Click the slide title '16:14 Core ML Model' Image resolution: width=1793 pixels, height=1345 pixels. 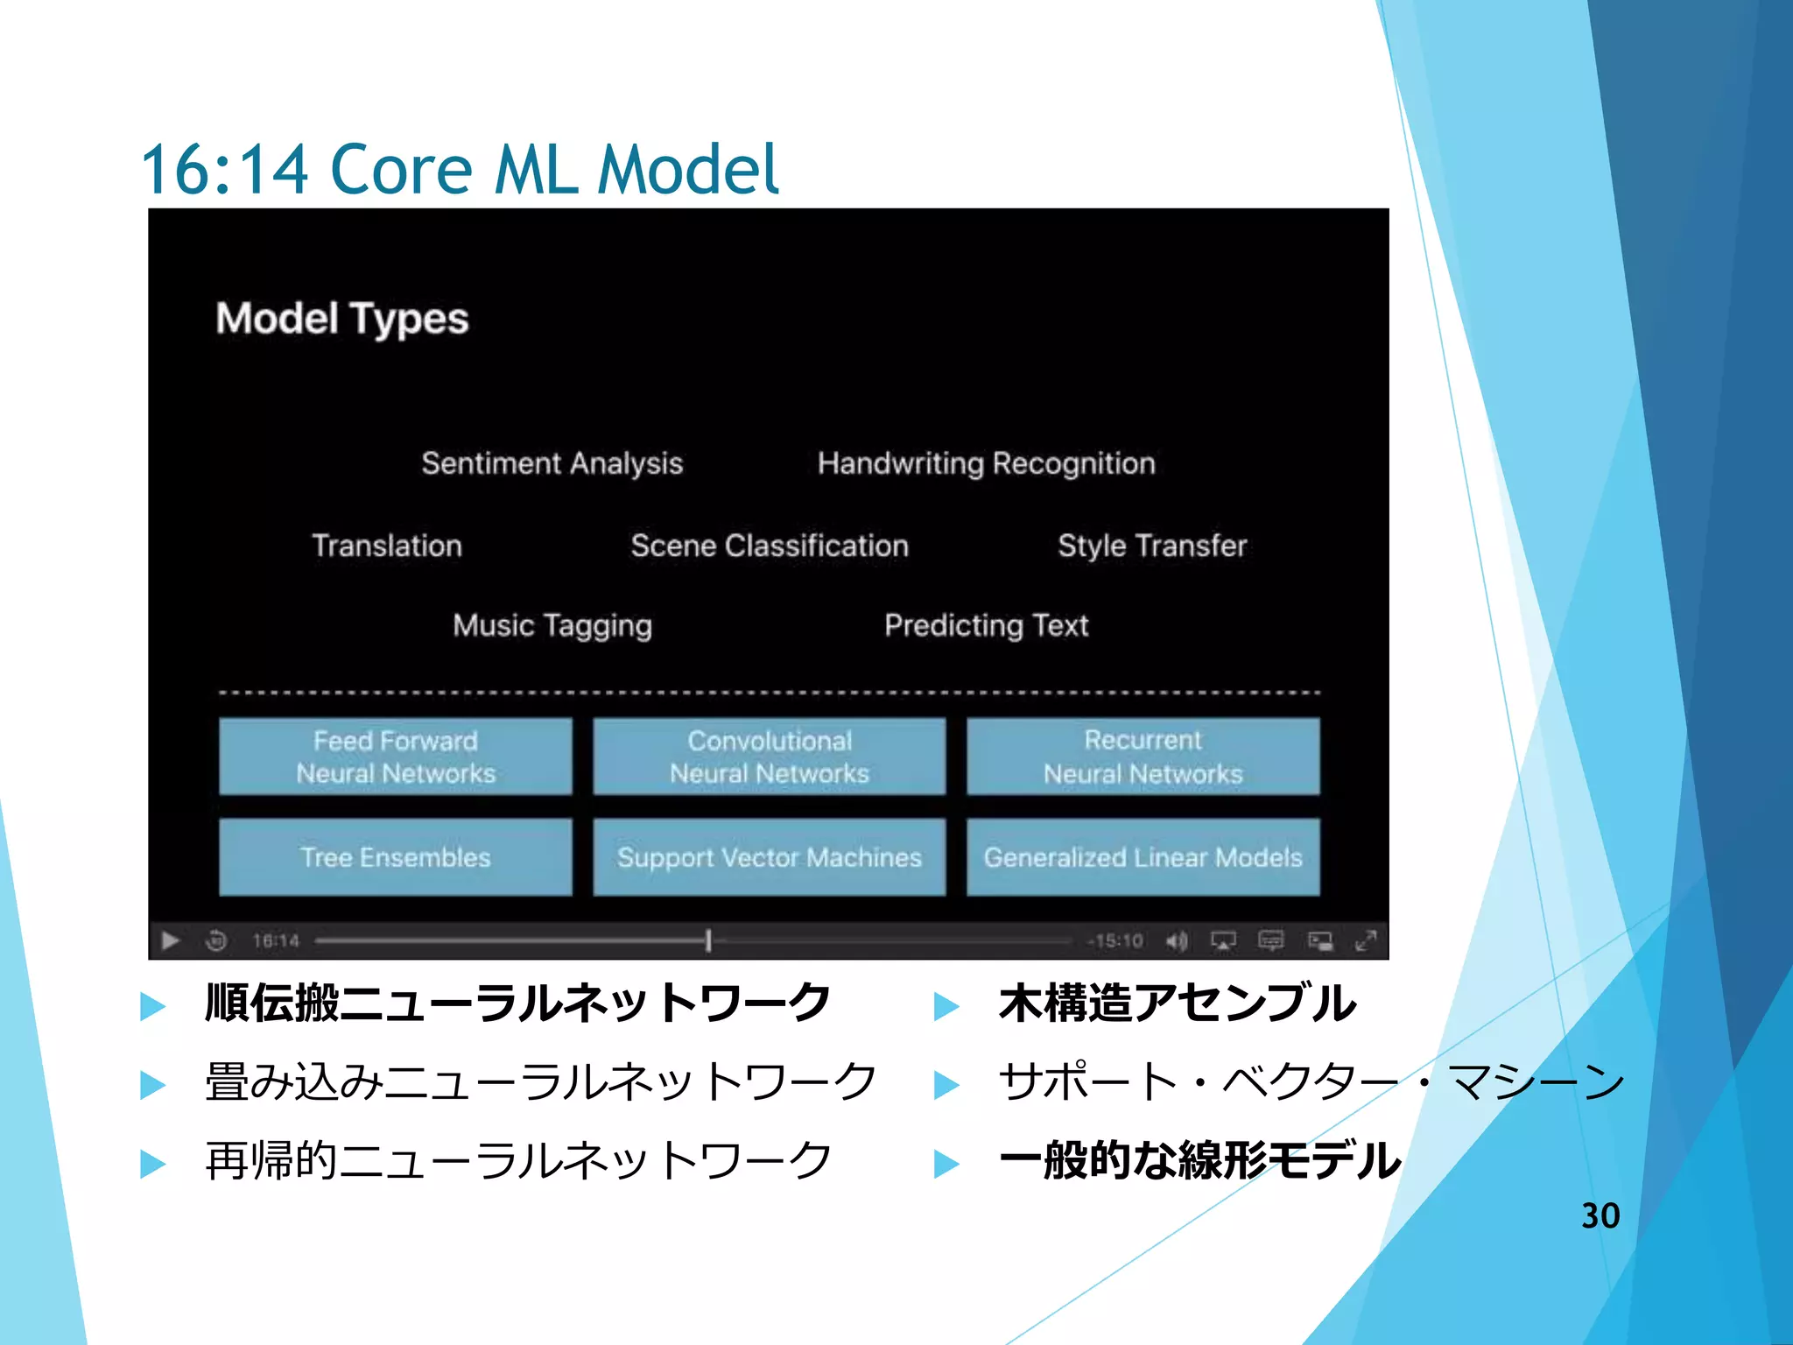pyautogui.click(x=459, y=168)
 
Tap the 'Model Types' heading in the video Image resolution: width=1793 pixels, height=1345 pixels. pyautogui.click(x=342, y=319)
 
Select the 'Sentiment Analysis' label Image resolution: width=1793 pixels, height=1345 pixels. pyautogui.click(x=552, y=463)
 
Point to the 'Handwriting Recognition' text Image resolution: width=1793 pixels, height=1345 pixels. pyautogui.click(x=986, y=463)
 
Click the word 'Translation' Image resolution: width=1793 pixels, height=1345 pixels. pyautogui.click(x=387, y=546)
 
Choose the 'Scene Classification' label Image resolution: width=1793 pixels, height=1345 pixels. pyautogui.click(x=770, y=546)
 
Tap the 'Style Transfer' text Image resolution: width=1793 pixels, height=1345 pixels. pyautogui.click(x=1151, y=546)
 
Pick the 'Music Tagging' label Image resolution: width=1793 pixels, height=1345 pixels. pyautogui.click(x=552, y=625)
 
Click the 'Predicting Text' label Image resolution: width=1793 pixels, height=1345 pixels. pyautogui.click(x=986, y=625)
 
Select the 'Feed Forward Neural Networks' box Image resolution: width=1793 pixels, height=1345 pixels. pyautogui.click(x=396, y=757)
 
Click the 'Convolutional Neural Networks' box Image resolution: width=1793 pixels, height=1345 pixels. pyautogui.click(x=770, y=757)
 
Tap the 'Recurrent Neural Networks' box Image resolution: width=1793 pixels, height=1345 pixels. pyautogui.click(x=1143, y=757)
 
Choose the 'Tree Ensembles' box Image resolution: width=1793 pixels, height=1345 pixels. pyautogui.click(x=396, y=857)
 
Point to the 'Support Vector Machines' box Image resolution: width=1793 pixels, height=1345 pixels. pyautogui.click(x=770, y=857)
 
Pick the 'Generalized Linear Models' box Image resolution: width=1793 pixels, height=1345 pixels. pyautogui.click(x=1143, y=857)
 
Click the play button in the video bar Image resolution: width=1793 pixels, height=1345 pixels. pyautogui.click(x=171, y=940)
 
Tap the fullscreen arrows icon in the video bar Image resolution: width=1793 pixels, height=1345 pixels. pyautogui.click(x=1365, y=940)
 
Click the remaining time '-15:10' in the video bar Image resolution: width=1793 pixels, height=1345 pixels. pyautogui.click(x=1115, y=940)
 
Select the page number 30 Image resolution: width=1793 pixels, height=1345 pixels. pyautogui.click(x=1600, y=1215)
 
